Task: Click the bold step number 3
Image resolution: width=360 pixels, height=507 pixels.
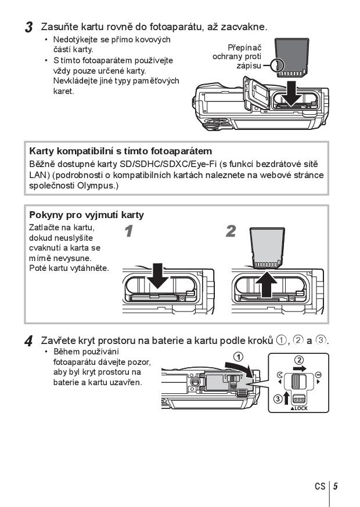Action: [28, 27]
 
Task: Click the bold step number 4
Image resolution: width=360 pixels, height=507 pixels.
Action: [28, 342]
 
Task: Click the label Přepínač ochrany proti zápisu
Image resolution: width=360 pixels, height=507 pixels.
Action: [237, 57]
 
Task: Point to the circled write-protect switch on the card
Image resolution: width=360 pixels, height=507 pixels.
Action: [278, 66]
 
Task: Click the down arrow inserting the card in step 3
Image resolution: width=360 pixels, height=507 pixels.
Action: [291, 93]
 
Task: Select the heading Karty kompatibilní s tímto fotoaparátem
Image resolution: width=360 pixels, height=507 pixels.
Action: [121, 151]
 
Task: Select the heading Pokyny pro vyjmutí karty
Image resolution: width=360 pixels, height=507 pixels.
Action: [87, 215]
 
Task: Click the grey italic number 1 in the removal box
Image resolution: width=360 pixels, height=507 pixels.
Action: [128, 231]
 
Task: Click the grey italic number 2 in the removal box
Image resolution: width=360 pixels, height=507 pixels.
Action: [231, 231]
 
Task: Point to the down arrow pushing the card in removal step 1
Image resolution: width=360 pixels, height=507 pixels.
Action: [158, 276]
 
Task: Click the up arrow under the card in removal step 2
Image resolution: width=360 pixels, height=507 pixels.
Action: [266, 284]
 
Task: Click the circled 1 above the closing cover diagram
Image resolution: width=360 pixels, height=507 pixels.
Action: [238, 357]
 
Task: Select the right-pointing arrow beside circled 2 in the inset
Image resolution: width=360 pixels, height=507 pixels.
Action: [300, 368]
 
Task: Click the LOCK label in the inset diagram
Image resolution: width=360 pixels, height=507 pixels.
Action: [299, 408]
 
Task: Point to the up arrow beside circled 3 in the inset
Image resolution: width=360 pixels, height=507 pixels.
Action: [286, 398]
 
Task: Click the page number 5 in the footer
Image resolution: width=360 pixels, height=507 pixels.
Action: [336, 486]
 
